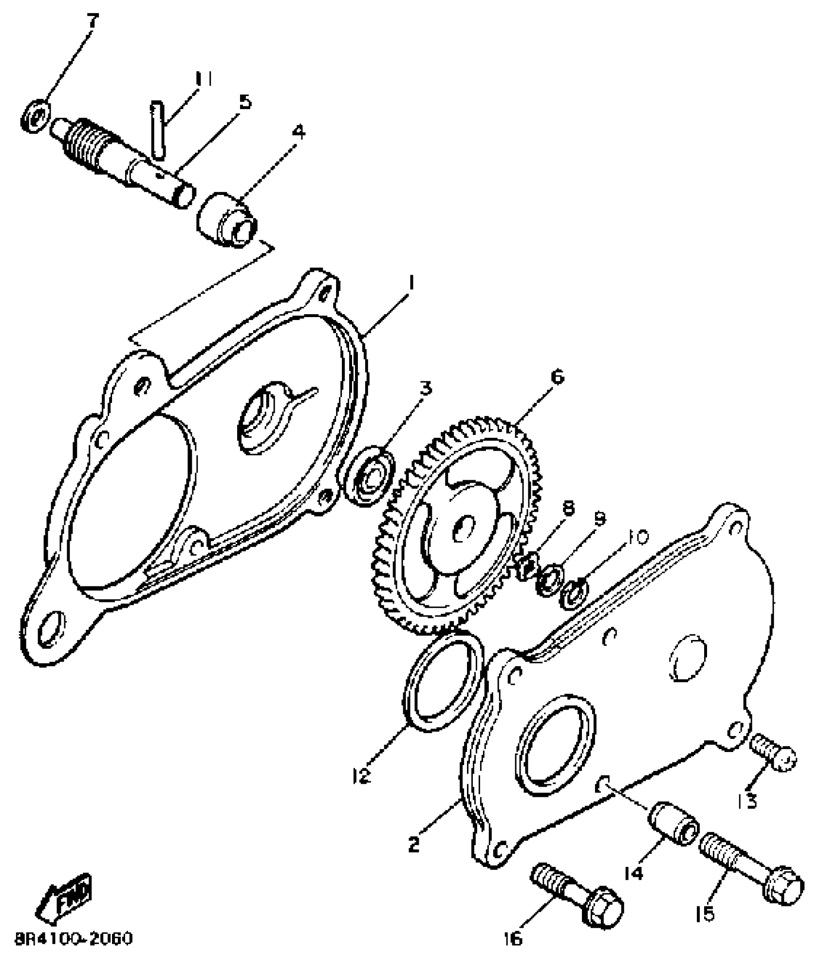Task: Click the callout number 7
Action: click(x=92, y=22)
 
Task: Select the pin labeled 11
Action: click(x=158, y=128)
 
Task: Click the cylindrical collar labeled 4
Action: click(x=226, y=221)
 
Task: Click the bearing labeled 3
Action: click(x=369, y=477)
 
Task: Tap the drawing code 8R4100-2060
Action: click(x=73, y=939)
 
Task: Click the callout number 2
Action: click(x=414, y=845)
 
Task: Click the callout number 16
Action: click(x=513, y=939)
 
